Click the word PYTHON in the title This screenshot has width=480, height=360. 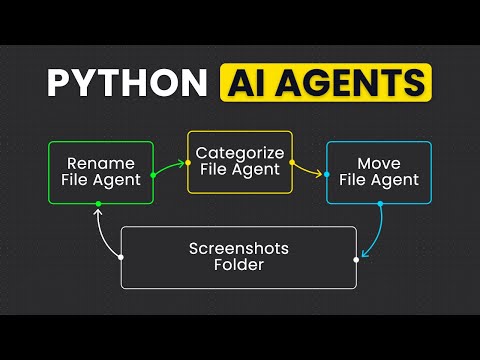pos(125,82)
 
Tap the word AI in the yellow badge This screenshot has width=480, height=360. pos(255,82)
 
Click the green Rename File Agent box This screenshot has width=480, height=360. pos(101,173)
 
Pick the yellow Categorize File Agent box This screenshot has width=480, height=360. pos(239,162)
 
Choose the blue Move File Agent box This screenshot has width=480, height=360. pos(379,173)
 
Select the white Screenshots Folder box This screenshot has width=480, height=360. pos(238,257)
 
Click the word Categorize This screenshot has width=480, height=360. pos(239,152)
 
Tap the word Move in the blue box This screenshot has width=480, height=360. pos(379,163)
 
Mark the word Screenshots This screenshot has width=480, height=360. pos(238,247)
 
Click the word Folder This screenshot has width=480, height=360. pos(238,266)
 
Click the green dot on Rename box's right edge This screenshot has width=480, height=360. pos(153,175)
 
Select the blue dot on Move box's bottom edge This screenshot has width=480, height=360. pos(380,204)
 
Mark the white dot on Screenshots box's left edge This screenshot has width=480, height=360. pos(121,257)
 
